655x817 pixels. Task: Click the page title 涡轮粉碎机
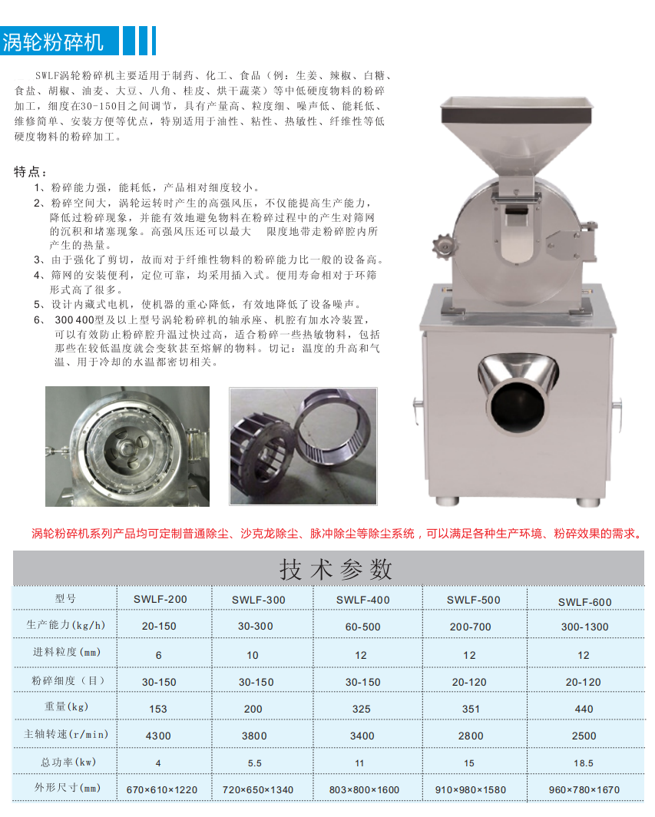click(53, 41)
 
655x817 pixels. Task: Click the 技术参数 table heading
click(336, 569)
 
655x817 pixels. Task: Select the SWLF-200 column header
click(160, 599)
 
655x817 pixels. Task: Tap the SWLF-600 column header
click(584, 602)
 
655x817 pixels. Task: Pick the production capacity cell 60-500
click(362, 627)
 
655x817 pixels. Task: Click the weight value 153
click(158, 709)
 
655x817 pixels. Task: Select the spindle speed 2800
click(471, 736)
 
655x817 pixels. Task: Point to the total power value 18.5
click(584, 763)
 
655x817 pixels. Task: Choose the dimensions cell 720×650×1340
click(258, 790)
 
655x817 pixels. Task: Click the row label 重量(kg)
click(66, 706)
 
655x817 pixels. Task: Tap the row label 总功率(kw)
click(68, 762)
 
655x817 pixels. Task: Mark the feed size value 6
click(158, 655)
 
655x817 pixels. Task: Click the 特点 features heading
click(30, 171)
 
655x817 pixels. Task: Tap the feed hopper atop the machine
click(516, 135)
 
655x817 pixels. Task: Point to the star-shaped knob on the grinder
click(443, 246)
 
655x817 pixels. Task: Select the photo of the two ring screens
click(303, 446)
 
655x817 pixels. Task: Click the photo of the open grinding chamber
click(127, 446)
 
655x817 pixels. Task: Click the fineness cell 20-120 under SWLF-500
click(469, 682)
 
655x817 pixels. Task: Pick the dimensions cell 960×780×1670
click(584, 790)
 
